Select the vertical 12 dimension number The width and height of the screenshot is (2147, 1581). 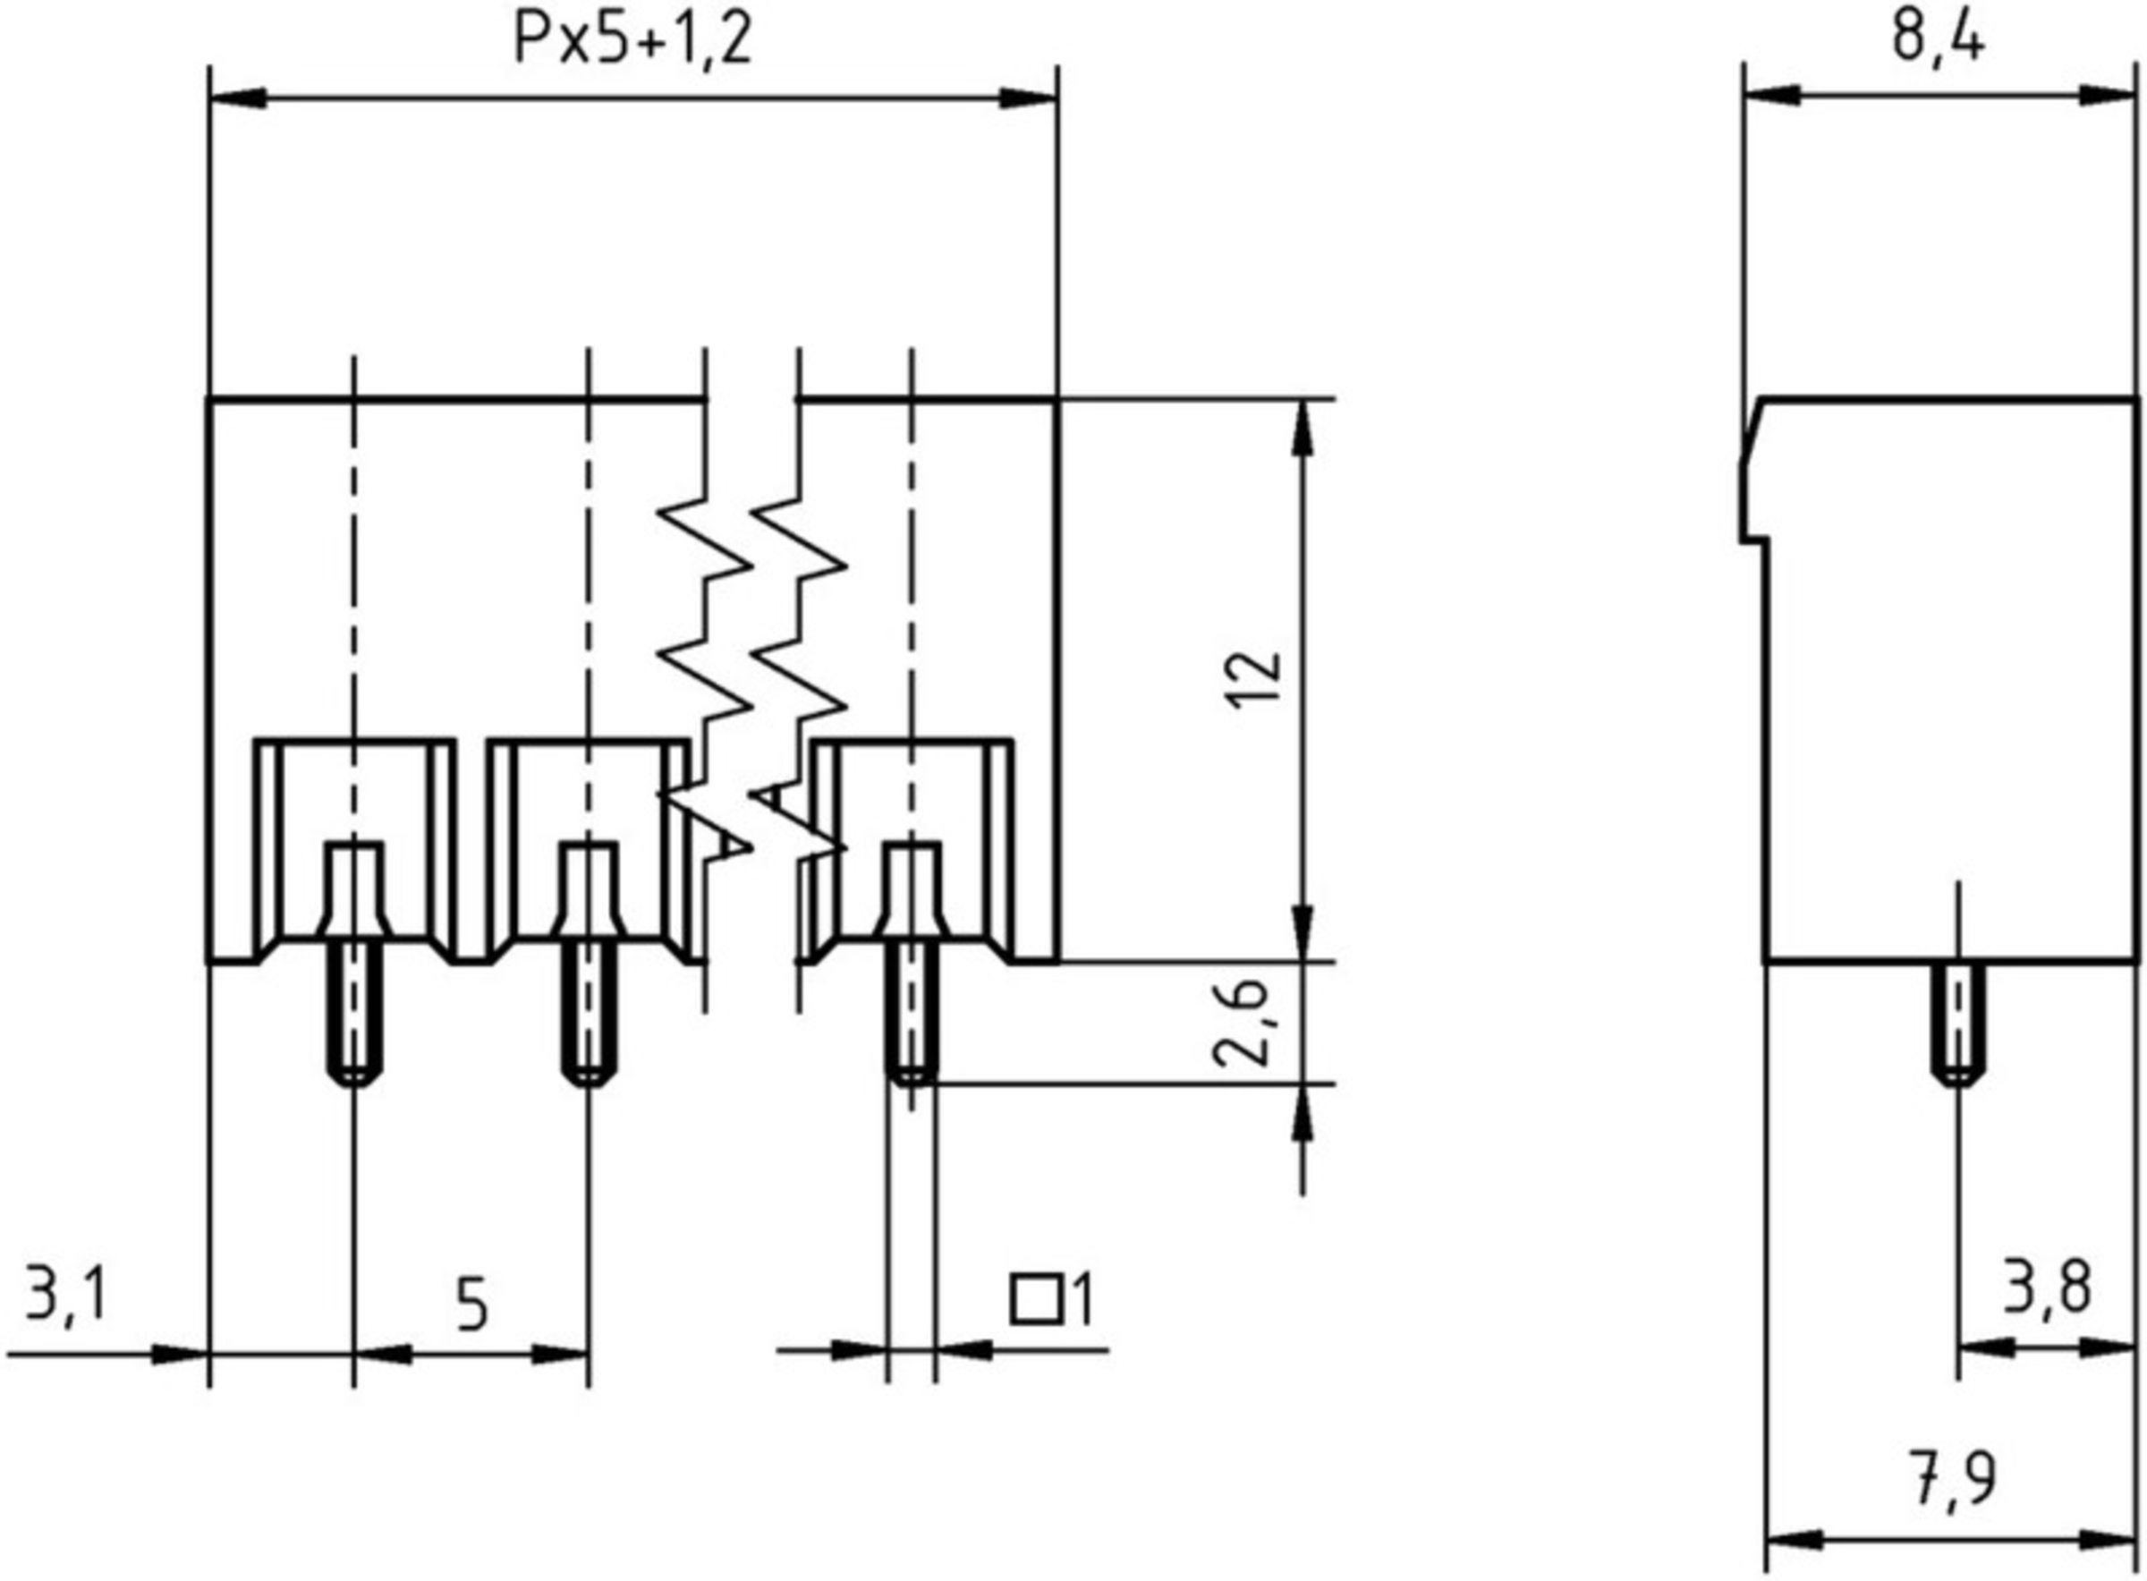click(1254, 680)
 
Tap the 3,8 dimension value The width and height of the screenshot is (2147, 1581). click(2047, 1288)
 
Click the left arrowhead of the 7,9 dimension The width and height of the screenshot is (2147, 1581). click(1794, 1541)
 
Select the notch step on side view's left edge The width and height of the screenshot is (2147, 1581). click(1752, 541)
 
